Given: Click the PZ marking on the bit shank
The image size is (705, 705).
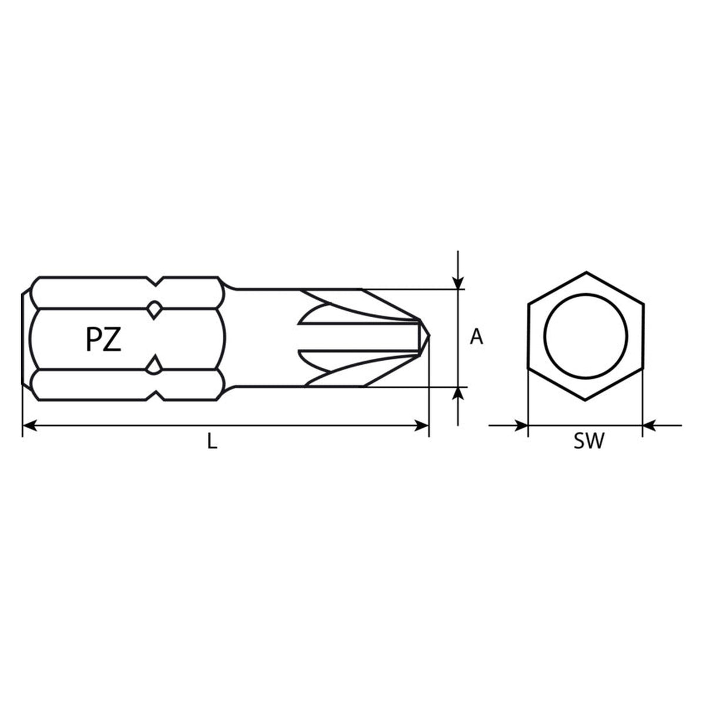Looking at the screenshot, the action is [x=103, y=339].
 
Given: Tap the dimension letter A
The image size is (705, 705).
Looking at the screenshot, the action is [x=476, y=337].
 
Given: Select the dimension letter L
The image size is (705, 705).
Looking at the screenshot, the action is [x=212, y=441].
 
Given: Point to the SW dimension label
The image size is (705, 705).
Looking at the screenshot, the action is [x=589, y=441].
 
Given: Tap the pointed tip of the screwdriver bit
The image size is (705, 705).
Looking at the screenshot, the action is [x=429, y=335].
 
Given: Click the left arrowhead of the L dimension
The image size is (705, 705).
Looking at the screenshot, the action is [x=29, y=425].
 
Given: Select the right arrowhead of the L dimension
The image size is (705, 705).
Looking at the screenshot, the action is [x=421, y=425].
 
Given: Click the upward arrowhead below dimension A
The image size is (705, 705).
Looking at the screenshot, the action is [x=458, y=394].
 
